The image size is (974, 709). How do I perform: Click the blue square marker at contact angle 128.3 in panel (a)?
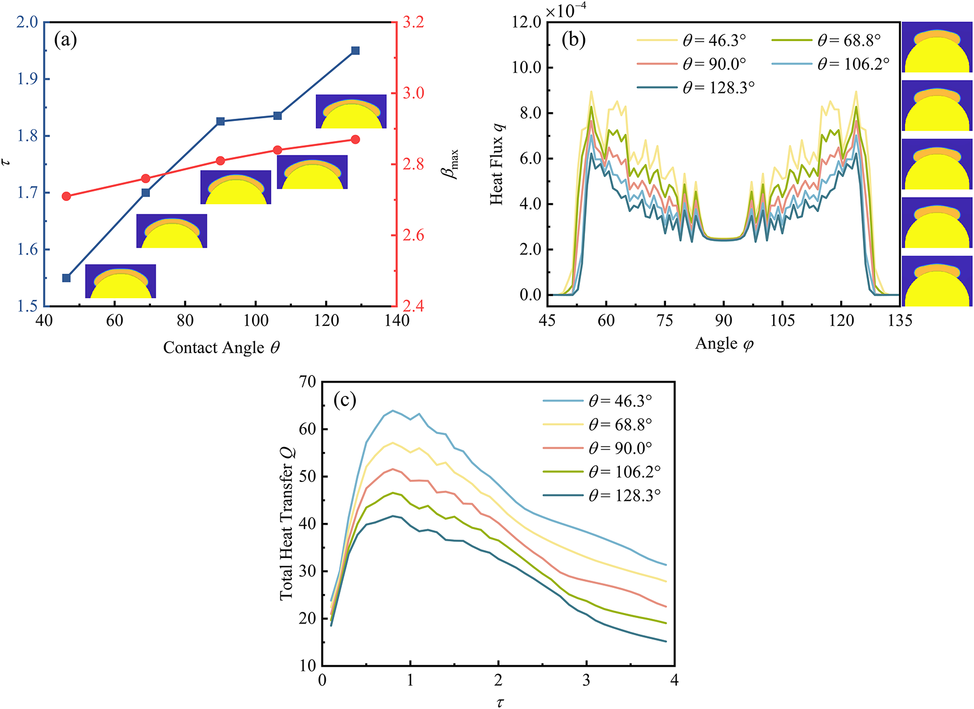tap(355, 51)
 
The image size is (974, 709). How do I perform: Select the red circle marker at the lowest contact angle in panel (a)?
tap(67, 196)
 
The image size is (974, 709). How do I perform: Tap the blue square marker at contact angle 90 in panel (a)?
tap(220, 121)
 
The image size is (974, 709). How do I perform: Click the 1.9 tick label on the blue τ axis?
tap(26, 79)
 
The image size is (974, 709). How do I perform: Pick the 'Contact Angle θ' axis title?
tap(221, 348)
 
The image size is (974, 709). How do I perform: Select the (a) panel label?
tap(65, 39)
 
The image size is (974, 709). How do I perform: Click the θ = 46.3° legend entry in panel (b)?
tap(691, 41)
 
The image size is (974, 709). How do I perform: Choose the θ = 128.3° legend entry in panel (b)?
tap(695, 88)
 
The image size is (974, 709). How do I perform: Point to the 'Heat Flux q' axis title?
tap(497, 164)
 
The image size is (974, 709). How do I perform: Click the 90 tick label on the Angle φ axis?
tap(723, 320)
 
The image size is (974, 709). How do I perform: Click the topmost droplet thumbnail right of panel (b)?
tap(937, 47)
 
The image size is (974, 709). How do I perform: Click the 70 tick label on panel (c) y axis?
tap(307, 382)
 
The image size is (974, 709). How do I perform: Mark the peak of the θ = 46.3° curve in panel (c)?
tap(392, 411)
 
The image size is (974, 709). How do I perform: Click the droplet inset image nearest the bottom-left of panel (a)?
tap(120, 281)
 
